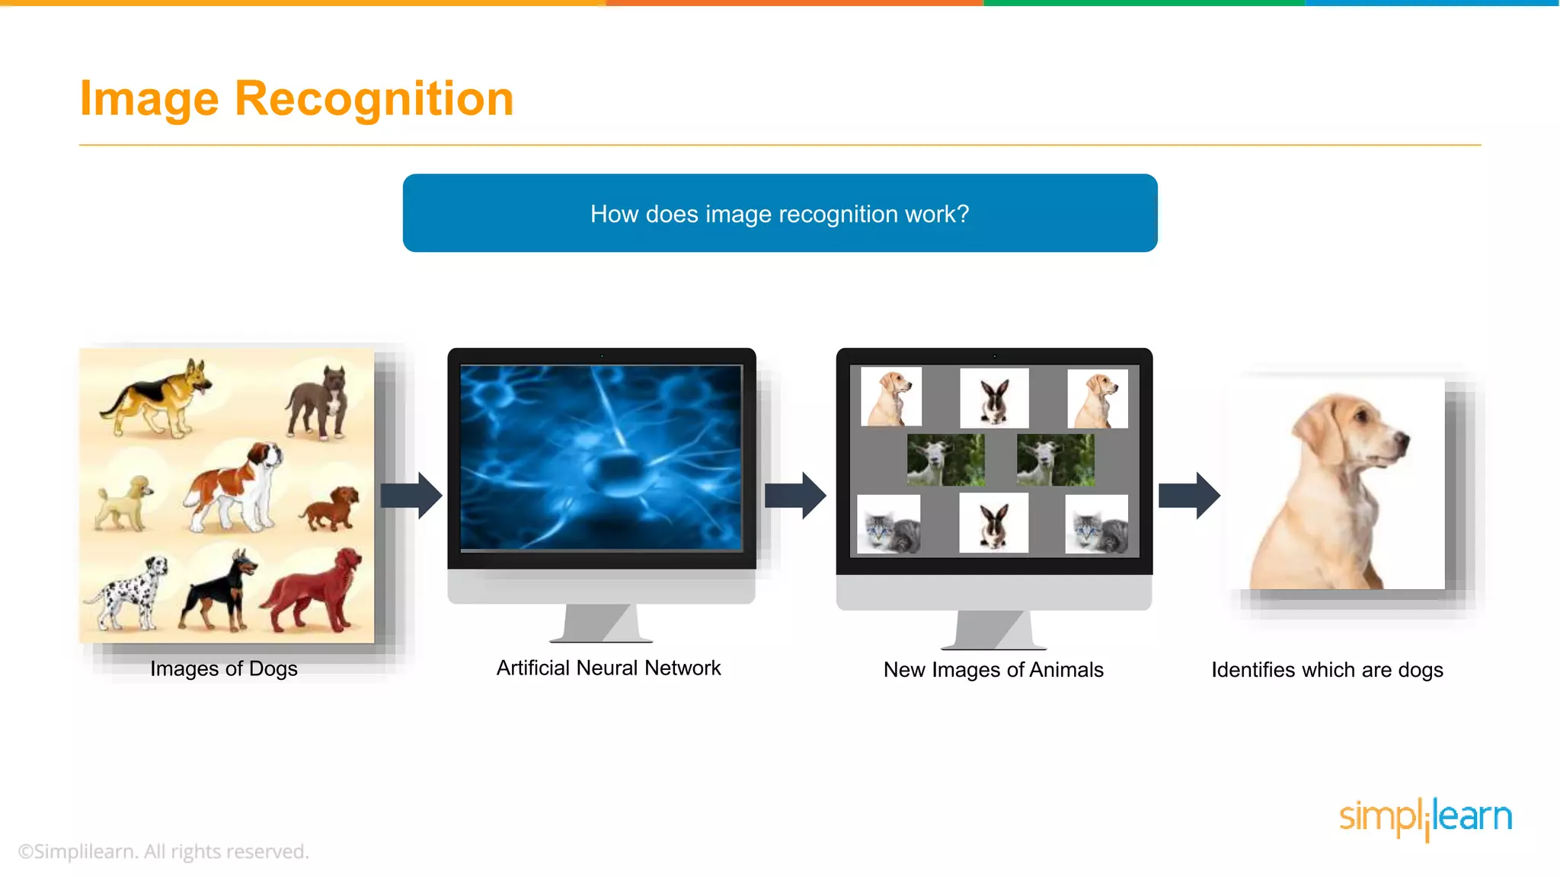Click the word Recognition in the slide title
[374, 99]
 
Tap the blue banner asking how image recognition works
[779, 213]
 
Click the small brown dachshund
[331, 509]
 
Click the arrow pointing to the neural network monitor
[411, 496]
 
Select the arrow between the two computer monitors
[795, 496]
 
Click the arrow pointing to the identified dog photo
[1189, 496]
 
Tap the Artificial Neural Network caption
[608, 668]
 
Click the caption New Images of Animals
[993, 670]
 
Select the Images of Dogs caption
[223, 668]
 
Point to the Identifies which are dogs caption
[1327, 670]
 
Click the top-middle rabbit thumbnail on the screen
[994, 398]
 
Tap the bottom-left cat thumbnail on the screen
[888, 524]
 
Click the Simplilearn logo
[1425, 818]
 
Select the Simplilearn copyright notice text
[163, 851]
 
